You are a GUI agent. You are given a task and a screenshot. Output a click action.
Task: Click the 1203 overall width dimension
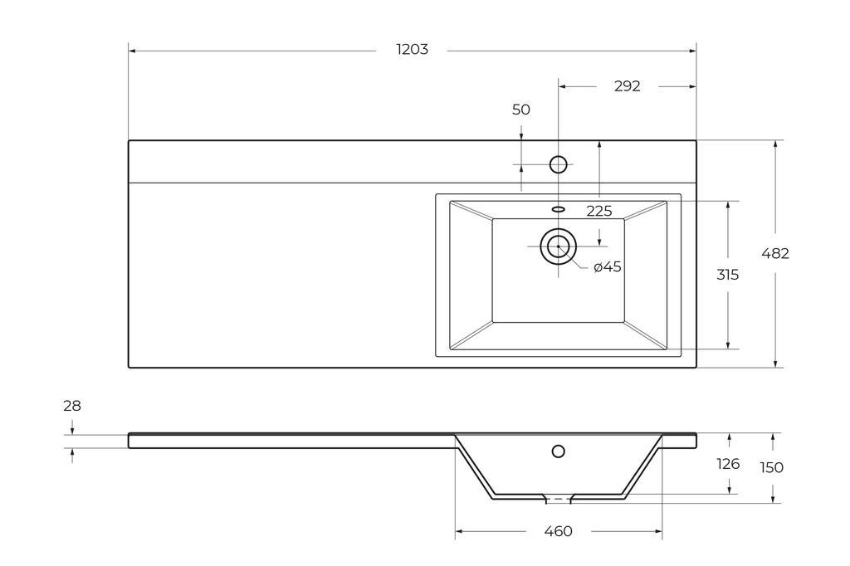pos(412,49)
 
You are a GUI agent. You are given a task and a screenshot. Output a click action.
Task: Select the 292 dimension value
pos(628,86)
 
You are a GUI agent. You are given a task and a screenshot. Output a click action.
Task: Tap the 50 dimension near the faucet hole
pos(521,110)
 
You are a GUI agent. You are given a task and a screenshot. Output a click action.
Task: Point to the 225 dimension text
pos(599,211)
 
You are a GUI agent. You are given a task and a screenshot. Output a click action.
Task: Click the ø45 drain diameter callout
pos(607,266)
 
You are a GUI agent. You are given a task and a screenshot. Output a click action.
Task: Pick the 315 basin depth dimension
pos(727,275)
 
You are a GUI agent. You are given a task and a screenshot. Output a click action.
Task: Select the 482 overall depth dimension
pos(775,253)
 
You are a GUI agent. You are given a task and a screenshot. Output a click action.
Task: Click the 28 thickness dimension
pos(72,406)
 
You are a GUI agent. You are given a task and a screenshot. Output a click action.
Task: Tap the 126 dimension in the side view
pos(728,464)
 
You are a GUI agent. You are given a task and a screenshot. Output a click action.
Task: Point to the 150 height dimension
pos(771,467)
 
